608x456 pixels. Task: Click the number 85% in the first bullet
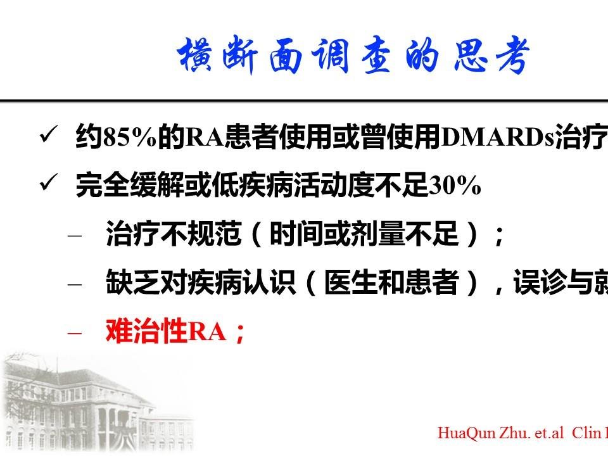pyautogui.click(x=129, y=137)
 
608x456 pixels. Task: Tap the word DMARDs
pyautogui.click(x=498, y=137)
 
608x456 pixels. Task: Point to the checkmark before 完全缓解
pyautogui.click(x=49, y=182)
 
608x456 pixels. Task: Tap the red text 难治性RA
pyautogui.click(x=165, y=331)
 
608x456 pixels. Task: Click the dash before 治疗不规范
pyautogui.click(x=75, y=236)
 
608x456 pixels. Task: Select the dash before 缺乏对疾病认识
pyautogui.click(x=75, y=284)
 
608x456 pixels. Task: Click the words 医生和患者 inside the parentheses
pyautogui.click(x=391, y=282)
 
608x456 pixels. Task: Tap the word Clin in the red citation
pyautogui.click(x=586, y=433)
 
